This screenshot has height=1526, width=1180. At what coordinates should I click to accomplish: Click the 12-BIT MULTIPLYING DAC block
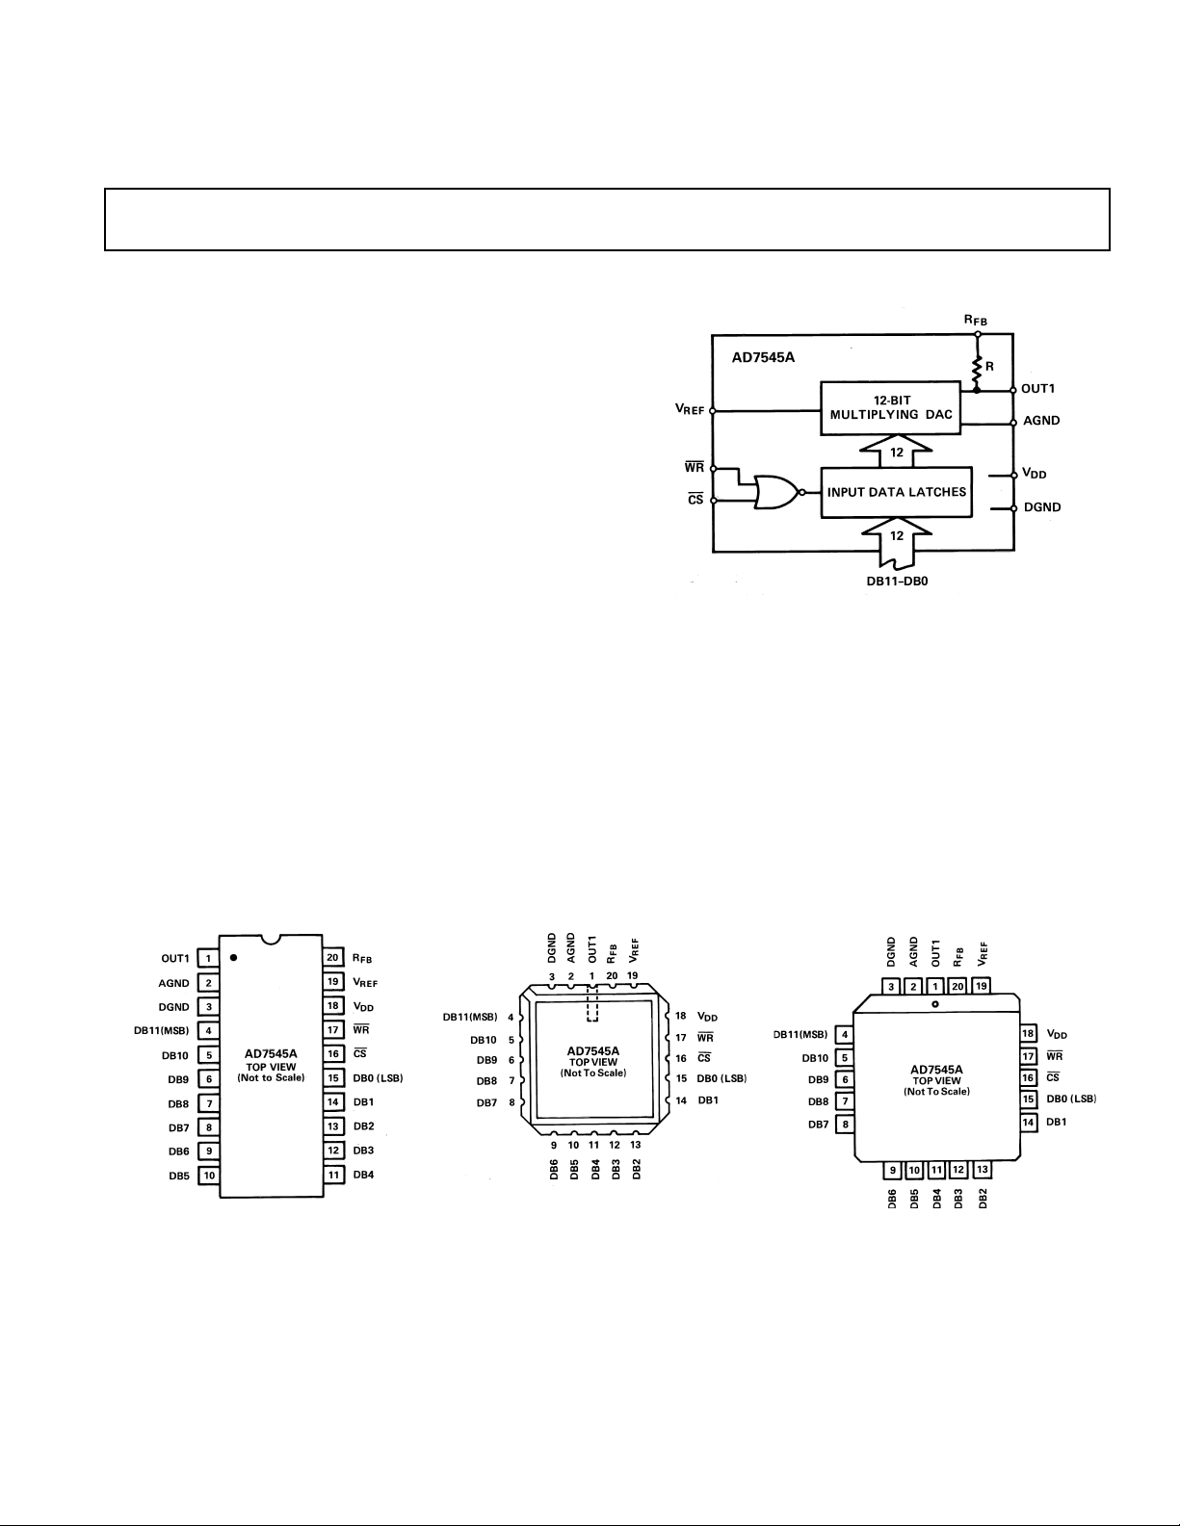890,408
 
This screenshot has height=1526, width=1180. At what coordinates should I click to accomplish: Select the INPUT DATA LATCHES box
896,492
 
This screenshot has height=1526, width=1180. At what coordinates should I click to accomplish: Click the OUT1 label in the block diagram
1038,389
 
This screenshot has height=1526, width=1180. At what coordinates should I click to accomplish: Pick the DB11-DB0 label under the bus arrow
897,582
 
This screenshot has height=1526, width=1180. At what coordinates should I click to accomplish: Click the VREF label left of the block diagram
689,409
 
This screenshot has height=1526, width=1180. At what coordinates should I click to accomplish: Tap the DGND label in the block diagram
1042,507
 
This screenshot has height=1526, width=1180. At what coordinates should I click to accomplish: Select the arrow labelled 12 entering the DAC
896,452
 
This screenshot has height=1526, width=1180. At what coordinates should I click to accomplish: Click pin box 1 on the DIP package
208,958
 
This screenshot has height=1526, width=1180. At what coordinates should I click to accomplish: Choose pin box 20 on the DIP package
333,957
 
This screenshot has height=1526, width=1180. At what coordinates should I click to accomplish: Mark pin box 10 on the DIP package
209,1175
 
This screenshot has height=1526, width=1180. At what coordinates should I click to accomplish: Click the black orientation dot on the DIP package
233,957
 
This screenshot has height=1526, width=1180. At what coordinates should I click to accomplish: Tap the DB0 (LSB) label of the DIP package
378,1077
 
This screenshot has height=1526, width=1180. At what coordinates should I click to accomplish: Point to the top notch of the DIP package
271,939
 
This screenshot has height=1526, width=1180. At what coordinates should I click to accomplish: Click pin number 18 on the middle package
681,1016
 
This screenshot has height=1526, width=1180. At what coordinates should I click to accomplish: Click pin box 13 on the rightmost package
982,1169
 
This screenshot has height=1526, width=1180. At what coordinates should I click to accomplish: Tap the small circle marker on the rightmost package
935,1005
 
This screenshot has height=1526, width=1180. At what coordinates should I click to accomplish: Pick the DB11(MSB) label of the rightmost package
800,1034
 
